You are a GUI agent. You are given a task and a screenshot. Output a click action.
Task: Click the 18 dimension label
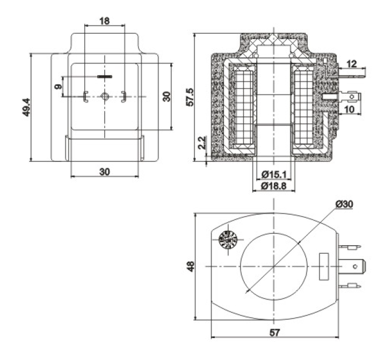coord(105,21)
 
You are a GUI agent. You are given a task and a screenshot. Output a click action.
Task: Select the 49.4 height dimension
coord(26,107)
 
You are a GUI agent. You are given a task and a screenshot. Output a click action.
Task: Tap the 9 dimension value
coord(58,86)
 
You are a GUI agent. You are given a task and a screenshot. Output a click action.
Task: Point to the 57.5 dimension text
coord(190,97)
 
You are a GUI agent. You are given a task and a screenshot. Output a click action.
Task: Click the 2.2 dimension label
coord(202,143)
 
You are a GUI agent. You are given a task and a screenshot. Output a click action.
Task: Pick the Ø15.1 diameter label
coord(274,174)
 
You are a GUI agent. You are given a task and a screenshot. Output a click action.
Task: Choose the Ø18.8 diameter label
coord(274,186)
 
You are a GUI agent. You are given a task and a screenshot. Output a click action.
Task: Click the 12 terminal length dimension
coord(352,64)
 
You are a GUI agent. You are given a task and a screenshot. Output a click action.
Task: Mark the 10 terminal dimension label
coord(350,109)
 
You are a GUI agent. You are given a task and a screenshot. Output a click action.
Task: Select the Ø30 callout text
coord(345,204)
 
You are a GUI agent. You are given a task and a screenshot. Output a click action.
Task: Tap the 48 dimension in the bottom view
coord(191,266)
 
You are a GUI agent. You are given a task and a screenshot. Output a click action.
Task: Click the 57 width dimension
coord(275,333)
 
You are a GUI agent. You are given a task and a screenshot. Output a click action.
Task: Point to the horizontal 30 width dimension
coord(105,172)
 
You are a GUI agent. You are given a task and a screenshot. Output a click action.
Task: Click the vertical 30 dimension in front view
coord(167,97)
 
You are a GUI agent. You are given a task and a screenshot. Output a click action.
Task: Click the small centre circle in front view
coord(105,96)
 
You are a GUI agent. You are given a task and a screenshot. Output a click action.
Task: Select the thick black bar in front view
coord(105,76)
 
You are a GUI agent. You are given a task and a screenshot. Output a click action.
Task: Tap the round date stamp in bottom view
coord(228,240)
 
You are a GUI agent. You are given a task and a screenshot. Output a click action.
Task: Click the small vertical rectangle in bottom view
coord(324,267)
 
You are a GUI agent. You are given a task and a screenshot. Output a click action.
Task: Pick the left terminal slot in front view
coord(85,97)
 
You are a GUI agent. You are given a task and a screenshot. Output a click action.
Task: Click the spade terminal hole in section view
coord(352,97)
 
